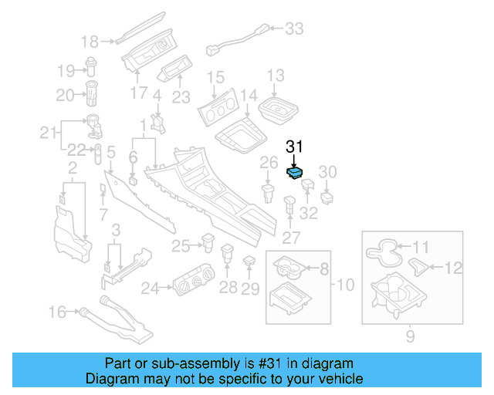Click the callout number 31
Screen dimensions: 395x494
[296, 146]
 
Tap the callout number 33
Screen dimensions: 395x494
[294, 29]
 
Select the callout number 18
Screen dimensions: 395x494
[90, 42]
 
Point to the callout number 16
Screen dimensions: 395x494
[58, 312]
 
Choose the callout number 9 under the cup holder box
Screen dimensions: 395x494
[410, 336]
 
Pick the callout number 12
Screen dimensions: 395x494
[455, 268]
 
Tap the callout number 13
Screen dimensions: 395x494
[276, 76]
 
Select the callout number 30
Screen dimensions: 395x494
[328, 170]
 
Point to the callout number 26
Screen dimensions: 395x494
[268, 162]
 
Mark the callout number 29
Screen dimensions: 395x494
[249, 289]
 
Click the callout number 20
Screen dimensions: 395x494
[64, 95]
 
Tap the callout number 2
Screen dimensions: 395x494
[73, 168]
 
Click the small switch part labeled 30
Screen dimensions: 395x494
[329, 195]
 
